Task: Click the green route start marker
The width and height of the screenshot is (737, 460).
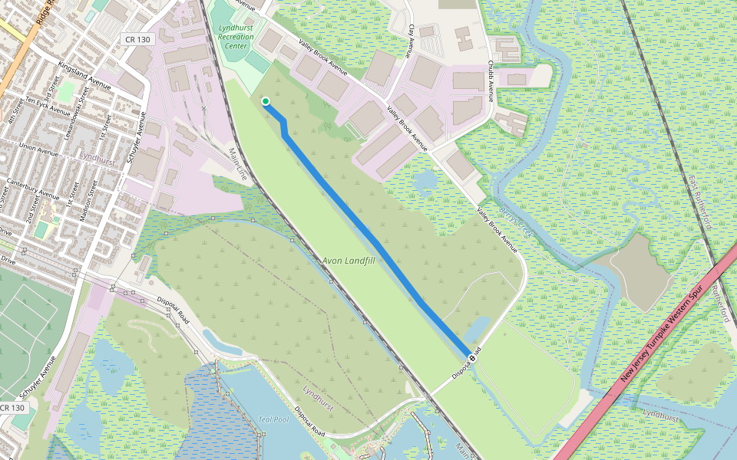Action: click(265, 101)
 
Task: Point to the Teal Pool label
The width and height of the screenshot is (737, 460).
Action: click(273, 419)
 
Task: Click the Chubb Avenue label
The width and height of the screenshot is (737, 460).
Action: click(491, 80)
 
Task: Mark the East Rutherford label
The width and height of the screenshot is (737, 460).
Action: click(700, 202)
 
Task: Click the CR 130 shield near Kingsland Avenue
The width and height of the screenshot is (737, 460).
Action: click(138, 39)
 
